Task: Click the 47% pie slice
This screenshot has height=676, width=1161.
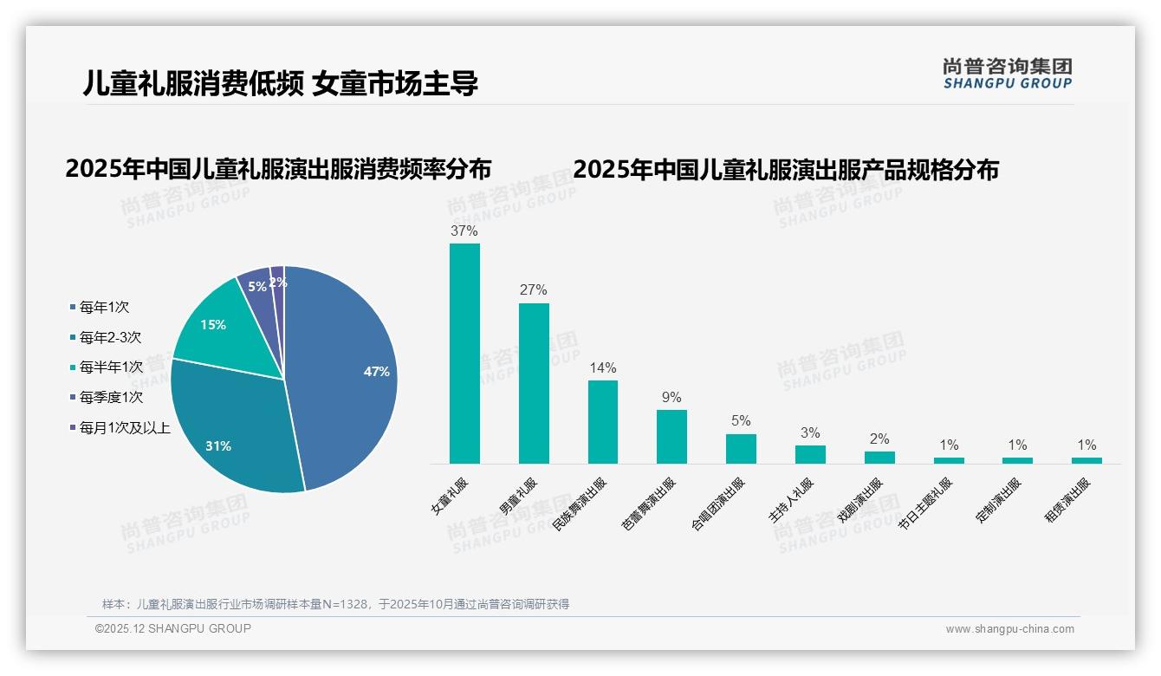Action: point(347,373)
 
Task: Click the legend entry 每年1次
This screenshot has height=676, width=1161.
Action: point(104,307)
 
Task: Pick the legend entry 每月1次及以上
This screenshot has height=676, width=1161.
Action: point(124,428)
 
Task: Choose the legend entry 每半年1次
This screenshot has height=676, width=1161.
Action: point(110,367)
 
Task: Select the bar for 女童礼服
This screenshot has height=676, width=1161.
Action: point(464,355)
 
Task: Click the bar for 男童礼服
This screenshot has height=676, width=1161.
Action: point(534,386)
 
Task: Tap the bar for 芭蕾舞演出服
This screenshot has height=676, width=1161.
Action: point(671,437)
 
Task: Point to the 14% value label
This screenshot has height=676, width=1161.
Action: point(603,367)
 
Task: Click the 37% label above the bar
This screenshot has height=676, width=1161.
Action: point(464,231)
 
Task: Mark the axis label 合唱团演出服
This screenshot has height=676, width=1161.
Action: point(717,504)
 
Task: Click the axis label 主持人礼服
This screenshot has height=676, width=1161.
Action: point(791,501)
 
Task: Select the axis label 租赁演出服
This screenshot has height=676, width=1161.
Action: point(1067,501)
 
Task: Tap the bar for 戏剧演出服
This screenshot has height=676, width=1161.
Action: point(879,458)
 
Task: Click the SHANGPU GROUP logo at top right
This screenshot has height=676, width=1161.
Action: point(1007,73)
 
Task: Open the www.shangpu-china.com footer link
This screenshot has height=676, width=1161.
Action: point(1009,629)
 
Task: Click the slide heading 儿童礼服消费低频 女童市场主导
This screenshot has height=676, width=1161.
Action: point(280,83)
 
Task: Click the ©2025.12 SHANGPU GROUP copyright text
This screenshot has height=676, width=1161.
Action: point(173,628)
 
